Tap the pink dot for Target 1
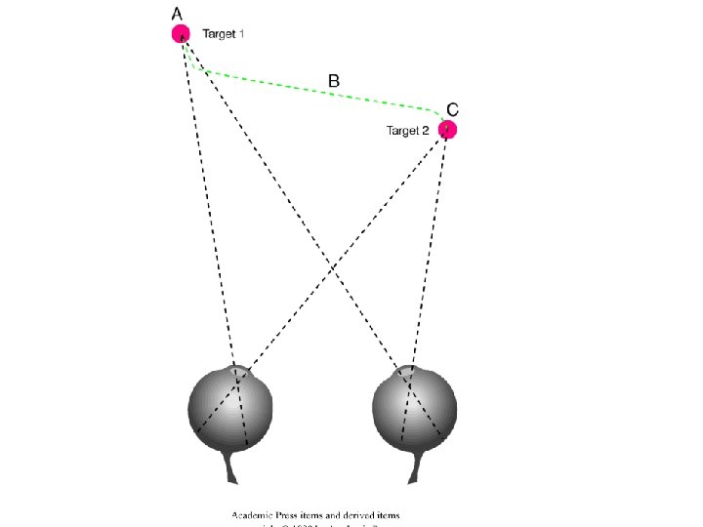click(181, 34)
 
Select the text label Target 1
click(224, 34)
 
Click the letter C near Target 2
click(453, 108)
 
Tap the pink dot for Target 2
click(447, 129)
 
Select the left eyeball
click(230, 410)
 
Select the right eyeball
click(414, 410)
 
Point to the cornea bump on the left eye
click(235, 369)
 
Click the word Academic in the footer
click(253, 514)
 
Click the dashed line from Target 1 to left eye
click(207, 195)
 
